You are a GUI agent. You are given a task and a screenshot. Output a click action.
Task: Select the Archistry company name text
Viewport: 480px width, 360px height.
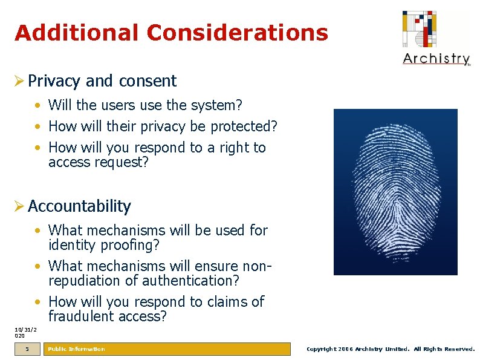coord(436,59)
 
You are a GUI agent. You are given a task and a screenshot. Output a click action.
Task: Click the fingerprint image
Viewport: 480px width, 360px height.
coord(395,192)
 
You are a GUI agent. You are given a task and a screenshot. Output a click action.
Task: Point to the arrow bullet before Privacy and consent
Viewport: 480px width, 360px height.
coord(20,81)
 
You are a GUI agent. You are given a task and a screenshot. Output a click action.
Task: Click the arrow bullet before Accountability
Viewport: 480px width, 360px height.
coord(20,206)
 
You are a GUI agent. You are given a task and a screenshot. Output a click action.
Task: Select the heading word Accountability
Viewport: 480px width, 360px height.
coord(79,206)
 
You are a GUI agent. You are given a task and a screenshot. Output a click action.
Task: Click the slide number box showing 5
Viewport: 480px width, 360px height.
coord(27,349)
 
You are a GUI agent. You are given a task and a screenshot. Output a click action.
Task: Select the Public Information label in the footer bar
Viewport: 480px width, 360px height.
coord(76,349)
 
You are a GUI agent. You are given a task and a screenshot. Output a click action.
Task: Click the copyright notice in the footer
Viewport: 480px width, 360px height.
coord(391,349)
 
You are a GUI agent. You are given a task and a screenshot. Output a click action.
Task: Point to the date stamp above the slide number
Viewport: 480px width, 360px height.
coord(25,332)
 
